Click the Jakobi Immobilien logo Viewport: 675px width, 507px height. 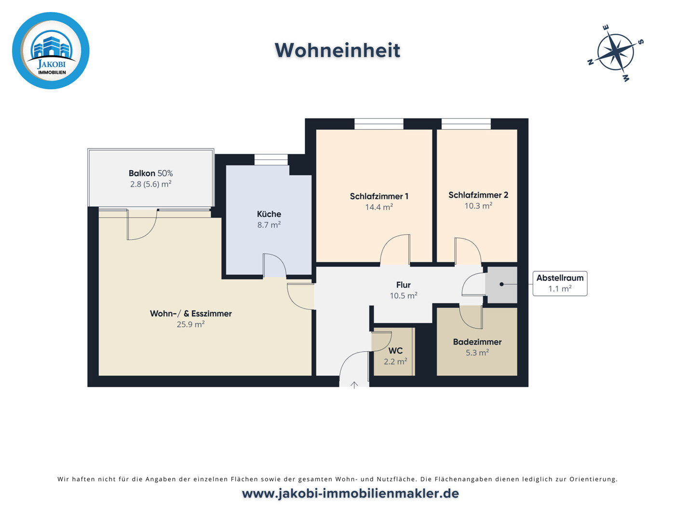pos(51,51)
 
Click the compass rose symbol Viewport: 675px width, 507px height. pos(616,52)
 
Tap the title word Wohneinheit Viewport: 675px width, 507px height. pos(337,51)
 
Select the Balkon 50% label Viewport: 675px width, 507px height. pos(150,173)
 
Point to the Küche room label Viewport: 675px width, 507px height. pos(269,214)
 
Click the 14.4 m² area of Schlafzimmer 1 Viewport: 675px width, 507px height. pos(379,207)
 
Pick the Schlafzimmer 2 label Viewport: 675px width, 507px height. pos(478,195)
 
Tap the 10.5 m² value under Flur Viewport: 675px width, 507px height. pos(404,295)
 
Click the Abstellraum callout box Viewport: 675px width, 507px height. pos(560,283)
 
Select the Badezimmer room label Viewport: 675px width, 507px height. pos(477,342)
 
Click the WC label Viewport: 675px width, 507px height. pos(395,351)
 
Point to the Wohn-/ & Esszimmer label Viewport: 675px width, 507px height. pos(191,313)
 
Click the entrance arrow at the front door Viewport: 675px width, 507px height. pos(354,385)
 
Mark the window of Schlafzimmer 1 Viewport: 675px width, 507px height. pos(379,124)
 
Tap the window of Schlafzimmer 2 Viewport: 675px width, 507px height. pos(466,124)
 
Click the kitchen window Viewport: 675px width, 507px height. pos(271,160)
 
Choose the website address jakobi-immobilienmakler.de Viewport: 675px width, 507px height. pos(351,494)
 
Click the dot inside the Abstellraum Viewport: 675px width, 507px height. pos(501,284)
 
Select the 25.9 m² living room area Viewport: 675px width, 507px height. pos(191,324)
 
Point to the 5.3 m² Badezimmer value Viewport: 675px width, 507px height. pos(477,353)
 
